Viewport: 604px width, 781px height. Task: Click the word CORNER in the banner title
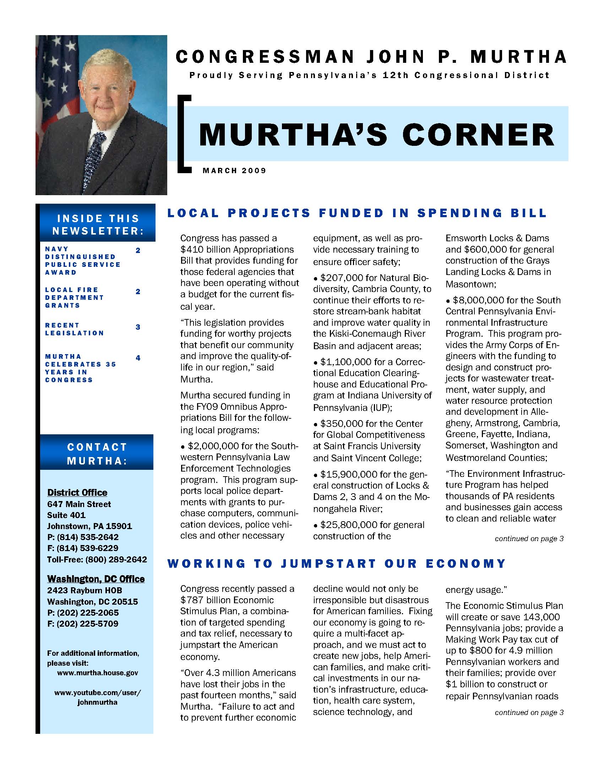(x=478, y=135)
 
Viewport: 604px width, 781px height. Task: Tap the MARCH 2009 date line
(x=234, y=171)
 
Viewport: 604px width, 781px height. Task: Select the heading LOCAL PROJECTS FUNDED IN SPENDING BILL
(x=357, y=213)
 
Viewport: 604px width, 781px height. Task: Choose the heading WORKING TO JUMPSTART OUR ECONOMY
(x=337, y=563)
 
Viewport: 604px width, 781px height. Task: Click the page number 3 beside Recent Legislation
(x=138, y=327)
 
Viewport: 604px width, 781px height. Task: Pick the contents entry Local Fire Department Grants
(x=75, y=297)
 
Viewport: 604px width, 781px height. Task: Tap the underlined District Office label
(x=77, y=493)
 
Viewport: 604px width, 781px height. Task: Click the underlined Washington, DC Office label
(x=96, y=579)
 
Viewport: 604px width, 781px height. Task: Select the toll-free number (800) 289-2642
(x=116, y=559)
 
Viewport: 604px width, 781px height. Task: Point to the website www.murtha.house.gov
(x=97, y=673)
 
